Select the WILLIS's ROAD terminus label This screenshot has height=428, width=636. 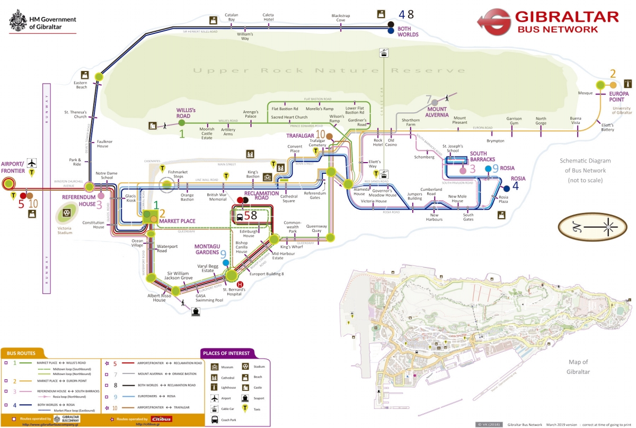[186, 113]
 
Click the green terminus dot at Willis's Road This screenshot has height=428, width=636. [182, 123]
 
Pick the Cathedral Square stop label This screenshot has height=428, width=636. [288, 198]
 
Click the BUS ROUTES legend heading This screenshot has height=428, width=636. [22, 352]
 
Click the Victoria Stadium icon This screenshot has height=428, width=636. [67, 213]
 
